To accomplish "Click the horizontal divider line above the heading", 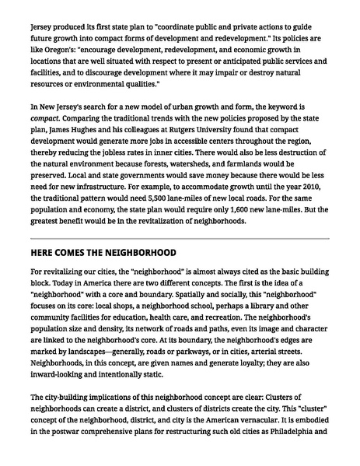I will pyautogui.click(x=180, y=237).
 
